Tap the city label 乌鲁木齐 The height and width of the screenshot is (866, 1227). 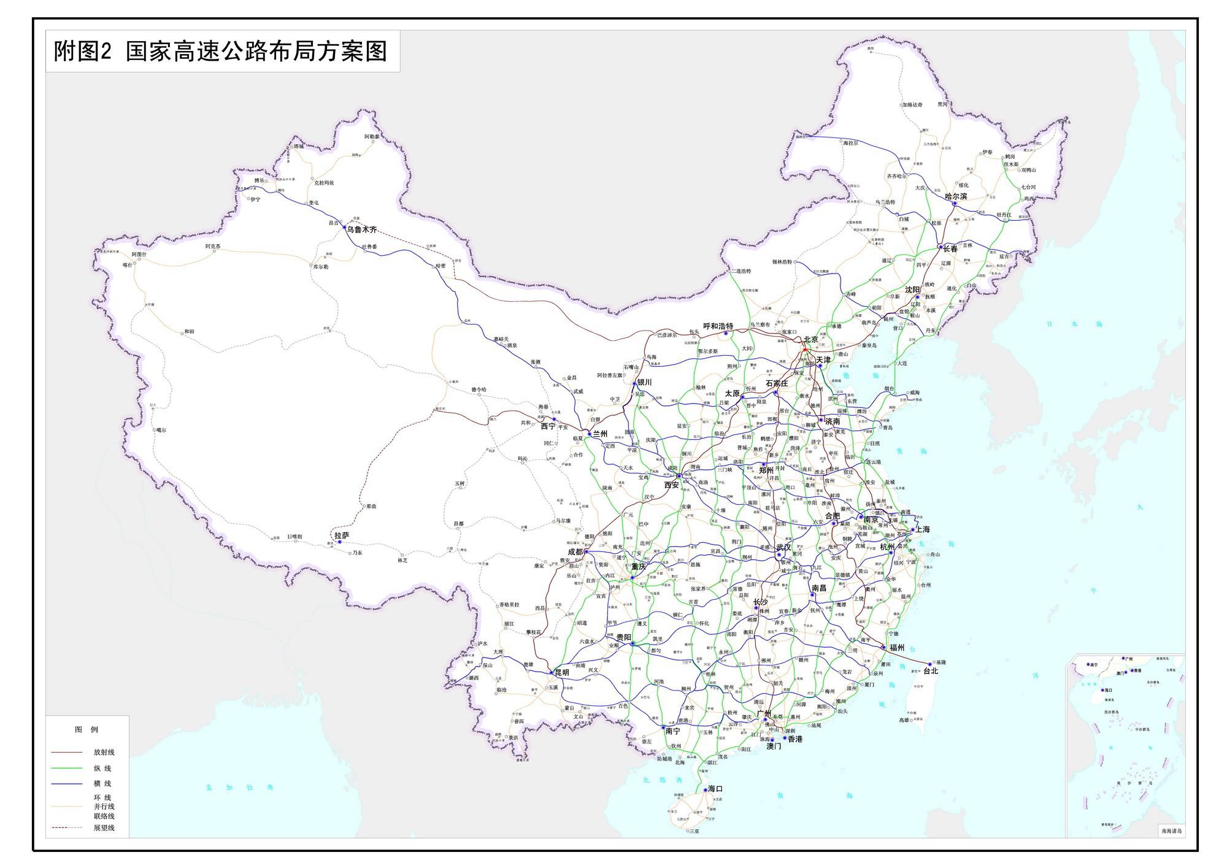[361, 229]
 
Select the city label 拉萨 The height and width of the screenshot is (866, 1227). [342, 535]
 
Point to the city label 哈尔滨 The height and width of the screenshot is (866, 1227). [956, 196]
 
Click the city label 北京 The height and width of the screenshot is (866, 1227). [810, 339]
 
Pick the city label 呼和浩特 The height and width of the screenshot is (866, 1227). [718, 326]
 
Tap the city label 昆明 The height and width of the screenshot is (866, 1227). [562, 672]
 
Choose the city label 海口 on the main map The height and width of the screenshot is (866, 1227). [715, 789]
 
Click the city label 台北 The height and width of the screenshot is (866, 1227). [931, 671]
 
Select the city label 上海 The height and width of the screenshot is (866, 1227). [923, 529]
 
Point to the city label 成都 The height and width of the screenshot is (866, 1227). [575, 551]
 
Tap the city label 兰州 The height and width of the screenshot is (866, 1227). [599, 434]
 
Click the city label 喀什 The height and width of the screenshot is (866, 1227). [128, 265]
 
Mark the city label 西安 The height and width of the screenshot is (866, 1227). [672, 485]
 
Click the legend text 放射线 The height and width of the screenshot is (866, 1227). [104, 752]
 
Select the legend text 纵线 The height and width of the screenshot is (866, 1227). [102, 768]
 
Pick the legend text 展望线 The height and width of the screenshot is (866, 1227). [104, 828]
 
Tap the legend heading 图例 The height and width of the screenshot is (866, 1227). [87, 729]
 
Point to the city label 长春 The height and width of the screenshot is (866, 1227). [950, 249]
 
